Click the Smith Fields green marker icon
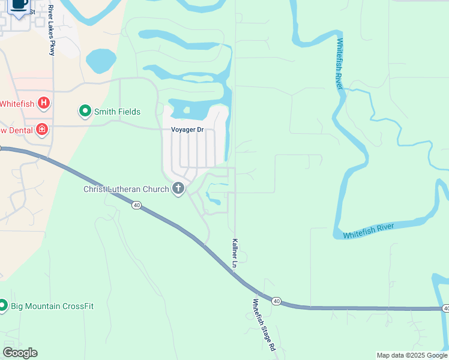tap(85, 111)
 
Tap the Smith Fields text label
tap(117, 112)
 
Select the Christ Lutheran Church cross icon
tap(178, 189)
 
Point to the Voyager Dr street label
tap(188, 130)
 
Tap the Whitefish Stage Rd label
tap(264, 325)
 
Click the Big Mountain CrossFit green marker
tap(3, 306)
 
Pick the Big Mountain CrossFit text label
tap(52, 306)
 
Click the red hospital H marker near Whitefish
tap(44, 103)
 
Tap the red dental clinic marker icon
tap(41, 129)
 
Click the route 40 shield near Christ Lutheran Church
tap(137, 205)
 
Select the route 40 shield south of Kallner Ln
tap(276, 301)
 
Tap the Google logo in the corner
tap(20, 353)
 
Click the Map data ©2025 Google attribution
tap(412, 355)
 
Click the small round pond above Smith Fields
tap(101, 61)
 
